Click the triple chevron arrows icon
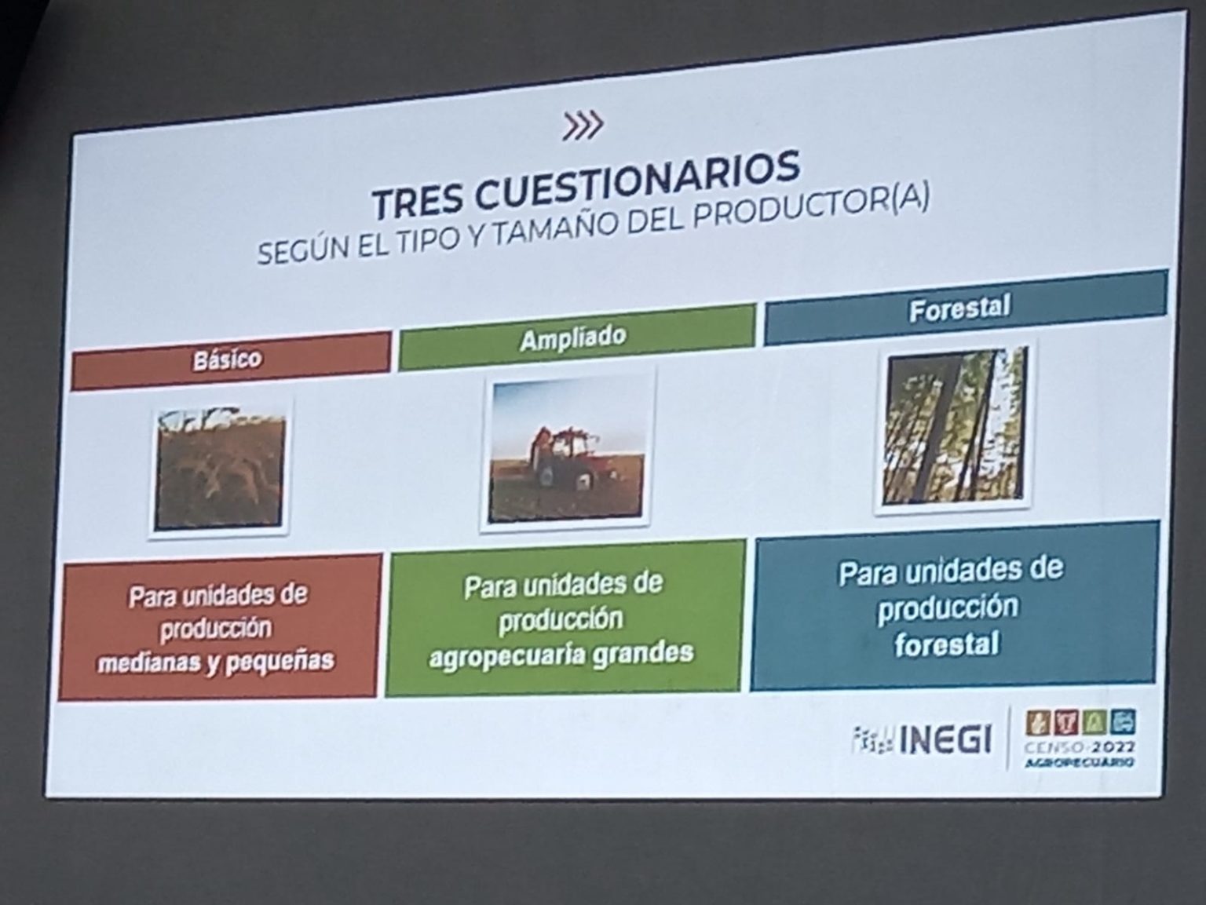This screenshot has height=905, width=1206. tap(583, 126)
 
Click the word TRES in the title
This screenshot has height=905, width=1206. tap(417, 200)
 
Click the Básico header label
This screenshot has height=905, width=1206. tap(228, 359)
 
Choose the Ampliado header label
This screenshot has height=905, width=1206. tap(573, 338)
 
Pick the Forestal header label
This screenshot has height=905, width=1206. tap(959, 308)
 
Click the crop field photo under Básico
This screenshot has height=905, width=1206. tap(219, 469)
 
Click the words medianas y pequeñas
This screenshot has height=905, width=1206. tap(216, 661)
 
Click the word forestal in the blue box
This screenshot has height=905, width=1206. tap(947, 644)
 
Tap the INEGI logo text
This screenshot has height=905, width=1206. tap(945, 739)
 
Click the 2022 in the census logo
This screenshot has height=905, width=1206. tap(1113, 748)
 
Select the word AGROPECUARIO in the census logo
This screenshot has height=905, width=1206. tap(1079, 763)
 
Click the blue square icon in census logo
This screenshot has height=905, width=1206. tap(1123, 721)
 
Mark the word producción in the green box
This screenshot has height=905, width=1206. tap(561, 619)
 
